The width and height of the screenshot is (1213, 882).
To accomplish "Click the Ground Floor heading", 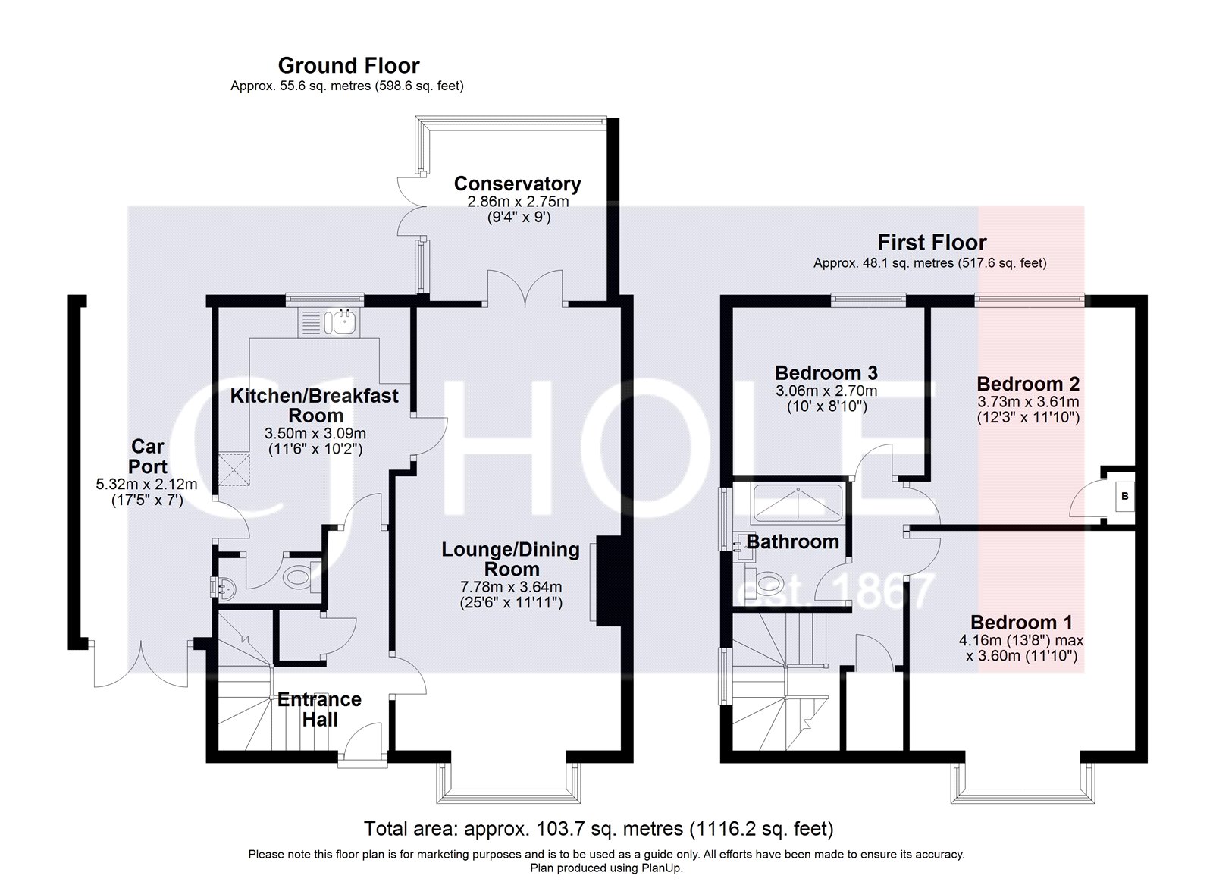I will pos(348,65).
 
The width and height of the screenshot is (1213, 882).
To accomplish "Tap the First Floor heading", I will pos(932,243).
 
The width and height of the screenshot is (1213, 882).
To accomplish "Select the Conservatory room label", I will pos(517,184).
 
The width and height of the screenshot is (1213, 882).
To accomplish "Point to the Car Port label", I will pos(147,457).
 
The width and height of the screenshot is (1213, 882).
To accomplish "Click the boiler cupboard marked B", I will pos(1124,497).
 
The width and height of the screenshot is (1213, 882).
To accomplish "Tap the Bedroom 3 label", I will pos(826,373).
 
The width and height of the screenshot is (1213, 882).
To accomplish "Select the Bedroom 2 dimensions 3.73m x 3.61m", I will pos(1028,402).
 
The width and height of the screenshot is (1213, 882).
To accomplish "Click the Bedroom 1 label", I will pos(1021,623).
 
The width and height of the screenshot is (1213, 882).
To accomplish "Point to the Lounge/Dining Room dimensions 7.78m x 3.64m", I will pos(511,587).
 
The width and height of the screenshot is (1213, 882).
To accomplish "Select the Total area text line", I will pos(598,828).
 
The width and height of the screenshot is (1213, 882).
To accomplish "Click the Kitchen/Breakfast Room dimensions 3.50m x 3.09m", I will pos(315,434).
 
